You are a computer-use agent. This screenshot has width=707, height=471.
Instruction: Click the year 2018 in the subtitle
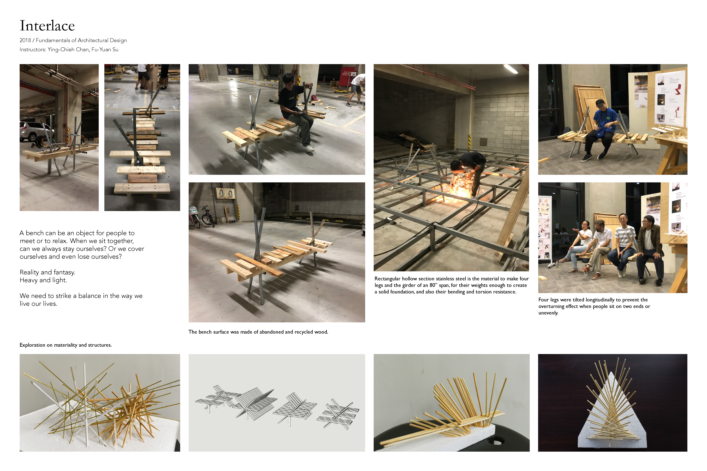point(25,40)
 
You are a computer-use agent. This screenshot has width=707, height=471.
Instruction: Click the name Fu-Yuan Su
point(105,50)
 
